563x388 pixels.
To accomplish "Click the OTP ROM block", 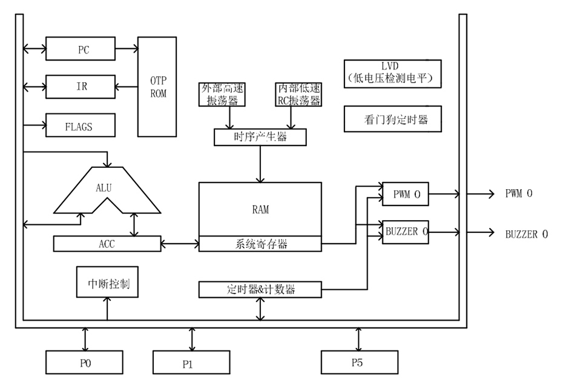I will pos(158,87).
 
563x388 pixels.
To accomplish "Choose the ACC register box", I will pos(106,244).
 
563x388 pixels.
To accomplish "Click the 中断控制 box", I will pos(108,283).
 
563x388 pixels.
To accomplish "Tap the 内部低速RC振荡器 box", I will pos(297,94).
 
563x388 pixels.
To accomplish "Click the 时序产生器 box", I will pos(260,137).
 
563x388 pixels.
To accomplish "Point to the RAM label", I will pos(260,210).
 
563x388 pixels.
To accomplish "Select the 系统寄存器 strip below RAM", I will pos(260,244).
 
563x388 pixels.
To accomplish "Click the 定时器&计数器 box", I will pos(260,289).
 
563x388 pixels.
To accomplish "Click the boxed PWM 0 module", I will pos(406,195).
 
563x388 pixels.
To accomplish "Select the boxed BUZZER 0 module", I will pos(406,232).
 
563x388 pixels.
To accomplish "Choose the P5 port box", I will pos(359,362).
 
